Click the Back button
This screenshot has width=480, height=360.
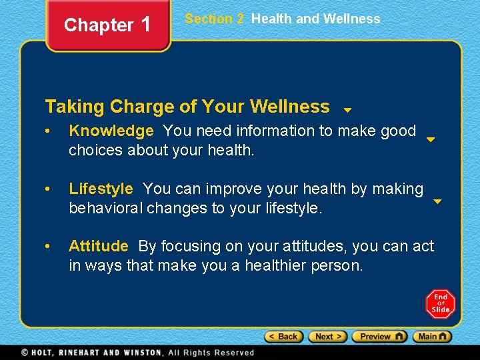point(284,337)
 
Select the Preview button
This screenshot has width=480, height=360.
point(379,337)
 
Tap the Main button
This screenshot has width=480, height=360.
point(432,337)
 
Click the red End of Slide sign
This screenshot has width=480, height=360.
point(440,303)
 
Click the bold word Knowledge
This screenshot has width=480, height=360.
point(111,131)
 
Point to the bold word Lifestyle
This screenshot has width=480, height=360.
point(101,189)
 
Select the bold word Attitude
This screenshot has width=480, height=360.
point(98,247)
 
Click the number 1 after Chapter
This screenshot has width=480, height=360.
point(146,25)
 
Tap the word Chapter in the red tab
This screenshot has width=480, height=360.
point(99,25)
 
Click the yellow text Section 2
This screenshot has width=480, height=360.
point(214,19)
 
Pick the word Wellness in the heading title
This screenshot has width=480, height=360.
point(289,107)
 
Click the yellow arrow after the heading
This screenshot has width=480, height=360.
point(347,110)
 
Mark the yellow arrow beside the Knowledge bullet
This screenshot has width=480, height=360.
point(431,140)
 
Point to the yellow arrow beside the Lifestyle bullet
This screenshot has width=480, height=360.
point(437,201)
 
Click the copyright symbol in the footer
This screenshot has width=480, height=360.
point(25,353)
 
